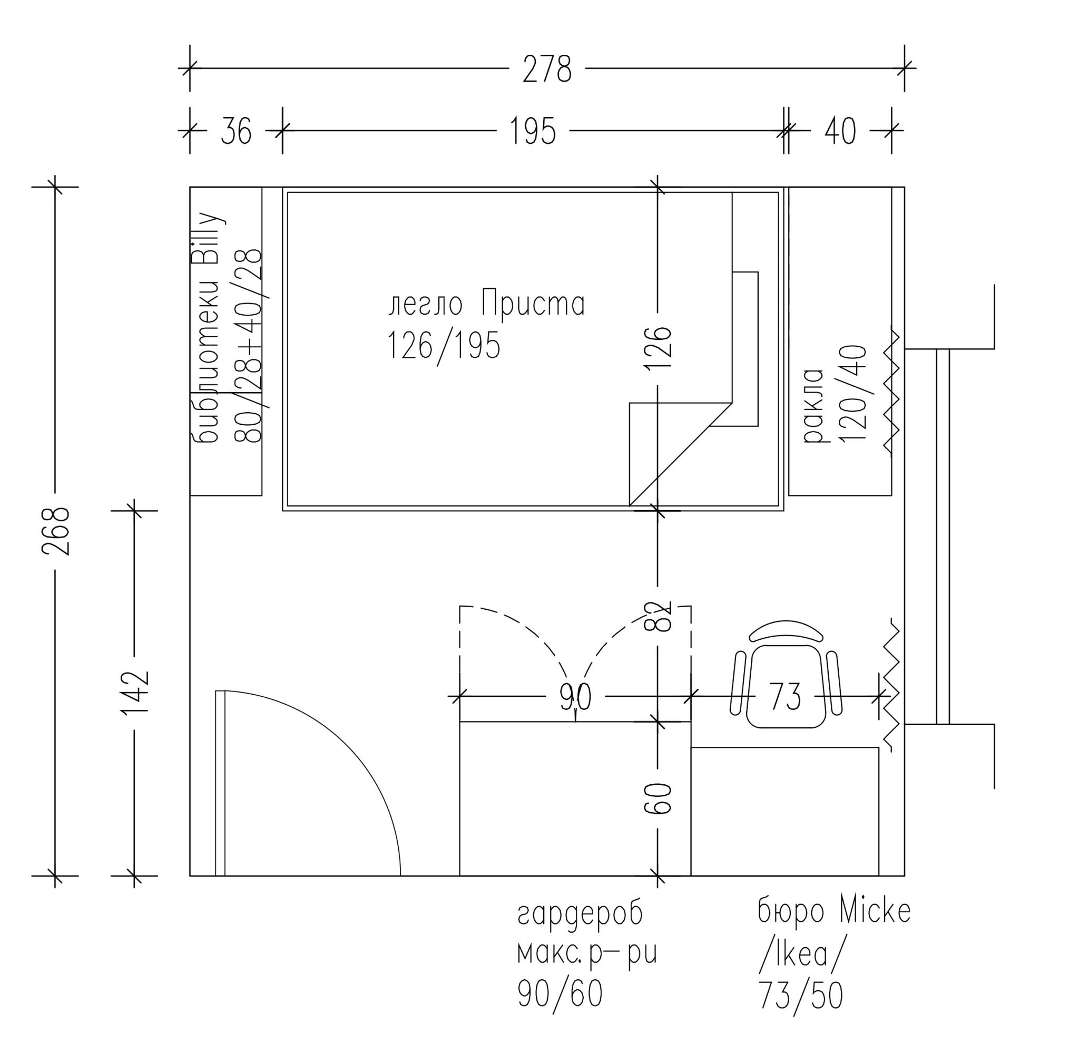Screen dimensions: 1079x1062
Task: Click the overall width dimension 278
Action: click(546, 69)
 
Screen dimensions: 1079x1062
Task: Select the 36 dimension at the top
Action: click(236, 131)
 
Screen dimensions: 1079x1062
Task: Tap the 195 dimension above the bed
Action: click(533, 131)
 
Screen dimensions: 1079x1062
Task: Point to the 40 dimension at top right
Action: click(840, 131)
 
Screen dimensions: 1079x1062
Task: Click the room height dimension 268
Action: click(56, 531)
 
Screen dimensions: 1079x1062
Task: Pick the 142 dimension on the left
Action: click(135, 692)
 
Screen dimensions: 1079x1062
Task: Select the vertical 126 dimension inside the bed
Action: click(658, 348)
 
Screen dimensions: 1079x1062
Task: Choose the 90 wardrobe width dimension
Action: click(575, 696)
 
